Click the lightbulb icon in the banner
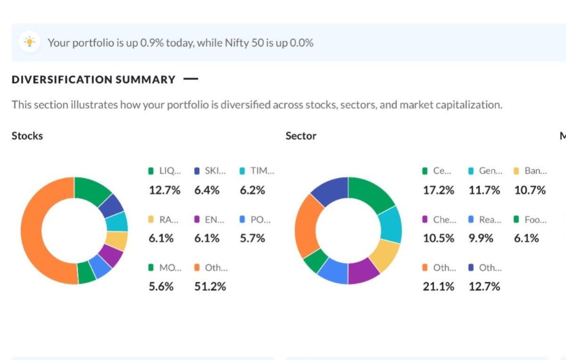click(x=30, y=42)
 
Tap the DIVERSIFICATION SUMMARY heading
click(x=93, y=80)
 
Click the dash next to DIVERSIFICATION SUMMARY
click(x=190, y=79)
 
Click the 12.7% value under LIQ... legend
click(x=164, y=190)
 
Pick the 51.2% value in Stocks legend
click(x=210, y=286)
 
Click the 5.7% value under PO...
click(x=252, y=238)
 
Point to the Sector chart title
click(x=301, y=136)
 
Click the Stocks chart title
click(x=27, y=136)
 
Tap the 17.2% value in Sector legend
click(x=438, y=190)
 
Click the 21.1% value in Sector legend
click(x=438, y=286)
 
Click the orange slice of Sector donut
click(x=305, y=226)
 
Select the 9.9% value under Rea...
click(x=481, y=238)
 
